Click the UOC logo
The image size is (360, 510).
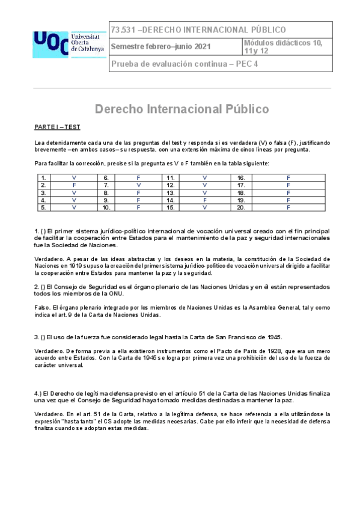50,41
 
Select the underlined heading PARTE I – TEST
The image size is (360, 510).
57,127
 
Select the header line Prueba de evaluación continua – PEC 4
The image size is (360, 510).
185,65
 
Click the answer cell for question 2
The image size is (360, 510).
74,185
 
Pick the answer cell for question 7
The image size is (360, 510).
139,185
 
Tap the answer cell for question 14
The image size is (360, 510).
204,200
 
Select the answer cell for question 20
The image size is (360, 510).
288,207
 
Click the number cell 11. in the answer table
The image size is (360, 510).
171,178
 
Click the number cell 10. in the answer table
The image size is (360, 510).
106,207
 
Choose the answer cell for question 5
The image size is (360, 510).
74,207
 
